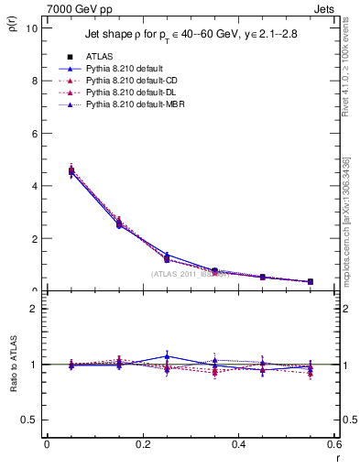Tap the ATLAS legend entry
tap(100, 57)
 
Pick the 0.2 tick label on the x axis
tap(142, 444)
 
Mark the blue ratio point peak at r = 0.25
tap(167, 356)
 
